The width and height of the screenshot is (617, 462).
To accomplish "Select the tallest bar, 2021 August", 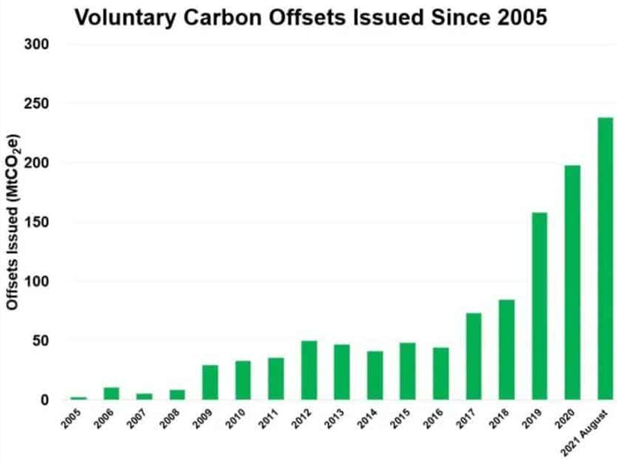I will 605,258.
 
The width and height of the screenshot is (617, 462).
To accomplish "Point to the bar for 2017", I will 473,356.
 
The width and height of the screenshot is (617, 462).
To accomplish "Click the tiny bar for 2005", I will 79,398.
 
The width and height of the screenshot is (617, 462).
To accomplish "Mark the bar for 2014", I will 374,375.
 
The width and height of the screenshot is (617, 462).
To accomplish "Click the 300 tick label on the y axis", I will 36,45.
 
